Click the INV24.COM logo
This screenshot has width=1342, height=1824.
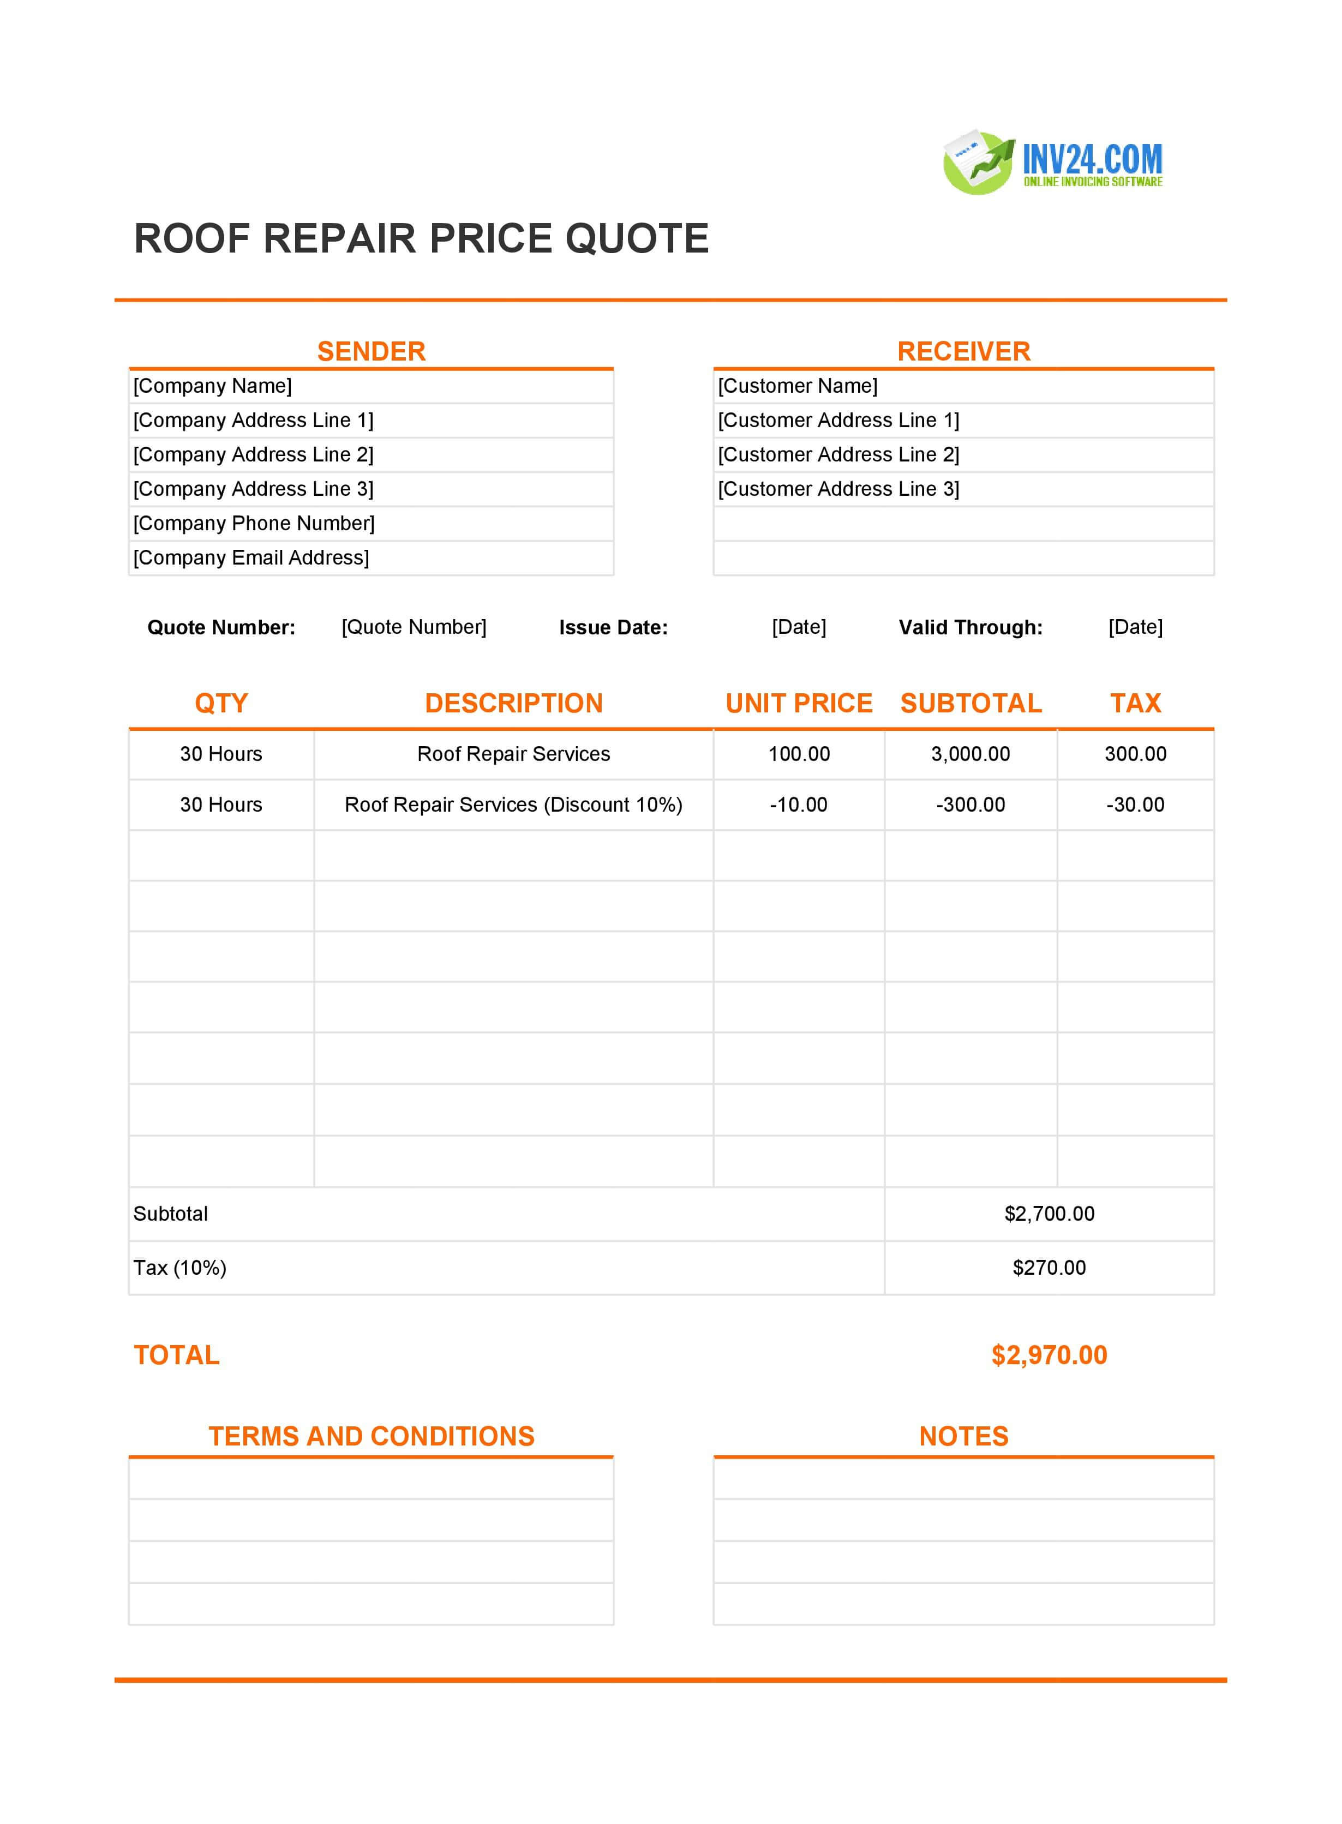(1053, 163)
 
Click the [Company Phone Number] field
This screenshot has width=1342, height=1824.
(254, 523)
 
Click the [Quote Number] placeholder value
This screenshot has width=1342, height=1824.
(414, 627)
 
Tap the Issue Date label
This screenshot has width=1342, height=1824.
(613, 628)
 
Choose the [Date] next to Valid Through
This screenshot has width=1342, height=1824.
(1135, 627)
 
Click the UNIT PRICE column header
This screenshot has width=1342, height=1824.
(799, 703)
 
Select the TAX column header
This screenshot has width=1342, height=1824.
(1135, 703)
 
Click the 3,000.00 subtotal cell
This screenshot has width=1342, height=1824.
(970, 754)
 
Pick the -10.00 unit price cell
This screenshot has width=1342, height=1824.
(799, 805)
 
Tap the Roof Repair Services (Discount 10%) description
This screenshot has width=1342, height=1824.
(513, 805)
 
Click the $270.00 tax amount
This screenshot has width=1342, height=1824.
(1049, 1268)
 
